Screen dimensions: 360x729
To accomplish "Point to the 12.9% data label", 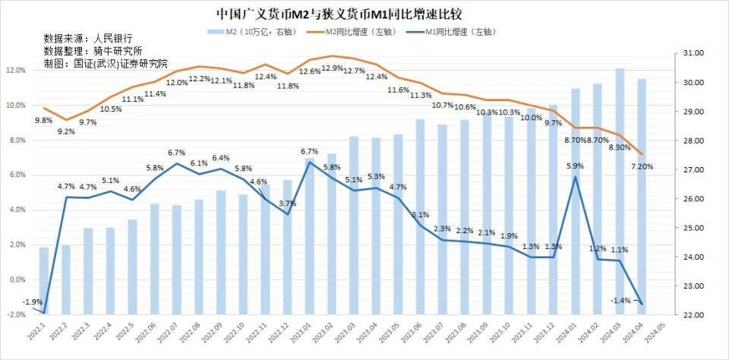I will (333, 68).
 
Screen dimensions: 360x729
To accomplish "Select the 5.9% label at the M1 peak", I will (576, 166).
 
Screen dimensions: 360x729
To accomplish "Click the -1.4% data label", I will (620, 301).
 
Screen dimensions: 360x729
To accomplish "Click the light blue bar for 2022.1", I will (44, 280).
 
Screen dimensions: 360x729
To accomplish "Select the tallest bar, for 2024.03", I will (620, 190).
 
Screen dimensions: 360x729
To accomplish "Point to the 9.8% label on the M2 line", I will (44, 120).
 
